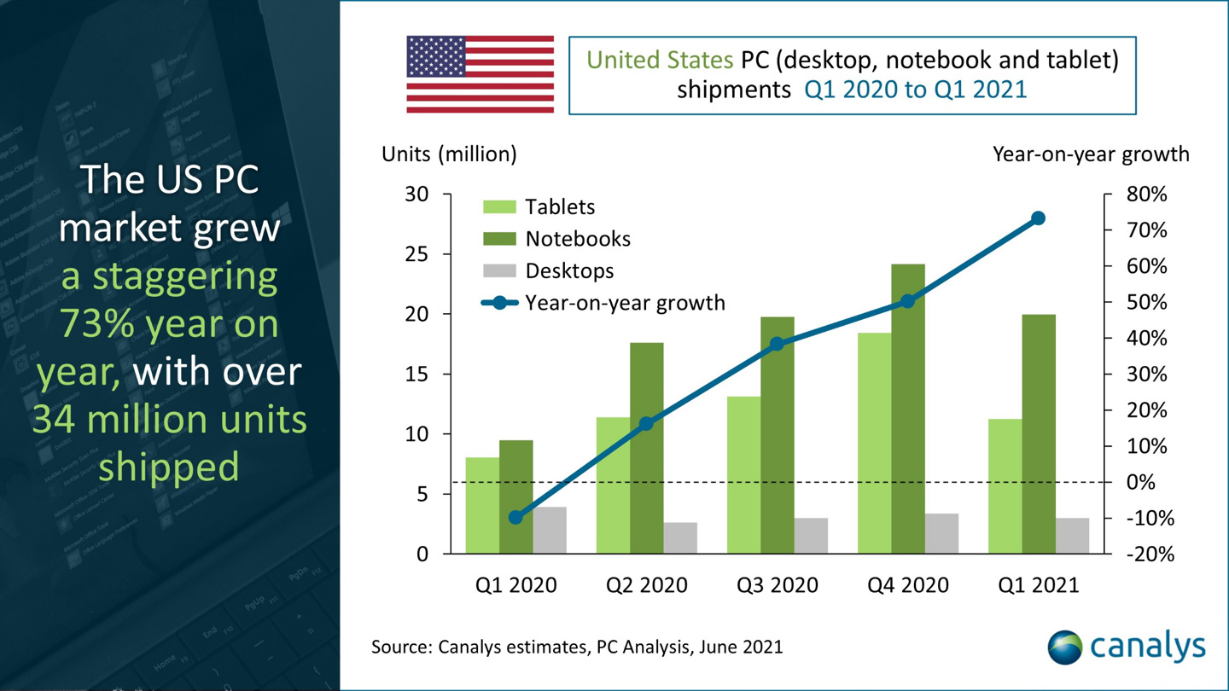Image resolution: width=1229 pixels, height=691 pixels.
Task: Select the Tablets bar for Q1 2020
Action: [x=482, y=505]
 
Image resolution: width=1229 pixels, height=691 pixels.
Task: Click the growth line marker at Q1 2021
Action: [x=1038, y=218]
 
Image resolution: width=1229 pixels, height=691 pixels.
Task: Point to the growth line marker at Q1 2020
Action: [x=515, y=517]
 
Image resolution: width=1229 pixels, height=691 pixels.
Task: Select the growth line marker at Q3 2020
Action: [x=777, y=344]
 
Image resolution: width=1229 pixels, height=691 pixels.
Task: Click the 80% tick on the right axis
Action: [x=1145, y=195]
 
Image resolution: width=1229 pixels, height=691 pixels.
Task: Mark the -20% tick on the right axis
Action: [x=1149, y=555]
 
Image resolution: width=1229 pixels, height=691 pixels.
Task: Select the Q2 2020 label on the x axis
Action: [x=646, y=585]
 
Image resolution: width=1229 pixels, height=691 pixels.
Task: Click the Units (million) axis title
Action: [x=449, y=154]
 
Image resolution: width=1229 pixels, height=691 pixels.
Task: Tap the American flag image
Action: [x=480, y=74]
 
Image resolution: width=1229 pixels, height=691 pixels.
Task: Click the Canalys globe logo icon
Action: [x=1064, y=647]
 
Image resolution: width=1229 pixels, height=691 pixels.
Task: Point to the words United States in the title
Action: [x=659, y=60]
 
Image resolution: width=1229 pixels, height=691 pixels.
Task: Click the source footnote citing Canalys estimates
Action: [x=576, y=647]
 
